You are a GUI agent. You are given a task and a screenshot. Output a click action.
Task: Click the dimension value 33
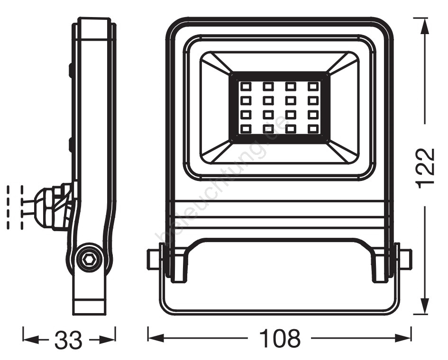click(x=69, y=340)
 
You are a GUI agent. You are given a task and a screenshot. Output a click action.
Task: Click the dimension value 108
click(x=280, y=338)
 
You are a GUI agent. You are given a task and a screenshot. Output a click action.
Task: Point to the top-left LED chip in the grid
click(x=246, y=86)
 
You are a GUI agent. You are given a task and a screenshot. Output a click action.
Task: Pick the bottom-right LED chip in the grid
click(x=313, y=129)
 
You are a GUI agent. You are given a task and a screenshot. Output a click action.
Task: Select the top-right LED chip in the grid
click(x=313, y=86)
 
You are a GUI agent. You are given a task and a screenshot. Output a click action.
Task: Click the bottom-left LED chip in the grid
click(x=246, y=129)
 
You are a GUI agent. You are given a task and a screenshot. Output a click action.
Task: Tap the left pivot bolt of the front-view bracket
click(x=154, y=259)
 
